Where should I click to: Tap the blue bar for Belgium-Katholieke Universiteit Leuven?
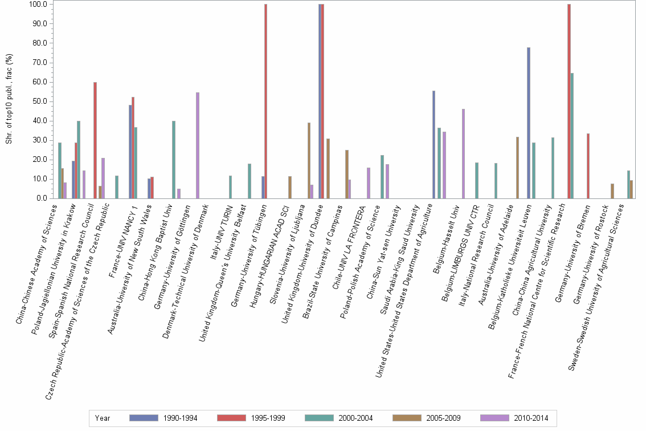pyautogui.click(x=529, y=123)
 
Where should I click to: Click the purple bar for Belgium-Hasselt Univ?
pyautogui.click(x=463, y=153)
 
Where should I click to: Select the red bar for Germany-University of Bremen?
pyautogui.click(x=588, y=166)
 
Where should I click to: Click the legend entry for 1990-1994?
pyautogui.click(x=163, y=418)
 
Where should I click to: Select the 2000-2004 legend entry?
pyautogui.click(x=339, y=418)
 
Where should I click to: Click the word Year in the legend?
pyautogui.click(x=103, y=418)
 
